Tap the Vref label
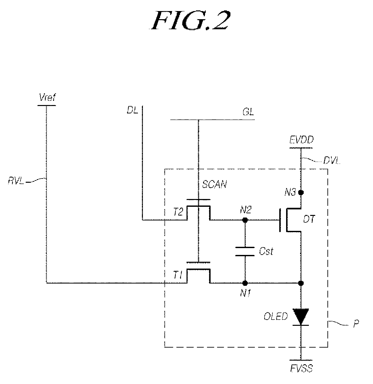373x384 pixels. click(47, 98)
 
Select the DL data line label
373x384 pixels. click(132, 110)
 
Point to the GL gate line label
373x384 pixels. click(248, 112)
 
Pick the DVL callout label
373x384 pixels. click(332, 161)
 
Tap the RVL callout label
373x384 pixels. click(16, 181)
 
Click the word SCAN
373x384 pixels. click(214, 184)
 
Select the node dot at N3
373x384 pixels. click(301, 192)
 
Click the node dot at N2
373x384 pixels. click(245, 220)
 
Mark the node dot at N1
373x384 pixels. click(245, 283)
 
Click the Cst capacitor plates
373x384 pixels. click(245, 252)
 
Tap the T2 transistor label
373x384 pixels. click(178, 212)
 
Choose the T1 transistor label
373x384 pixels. click(178, 275)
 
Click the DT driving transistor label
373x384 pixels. click(309, 219)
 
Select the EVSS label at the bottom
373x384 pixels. click(301, 369)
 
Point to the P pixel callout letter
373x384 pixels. click(356, 324)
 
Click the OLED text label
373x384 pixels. click(276, 316)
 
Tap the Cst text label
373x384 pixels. click(266, 251)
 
